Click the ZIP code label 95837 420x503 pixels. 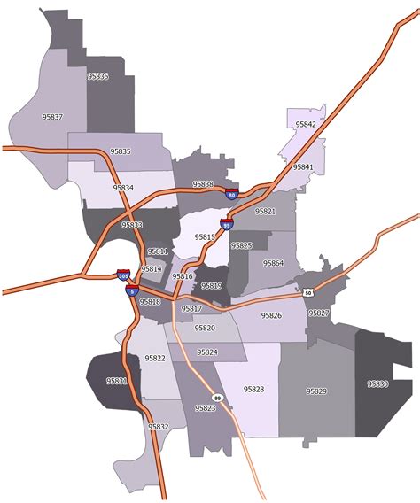tap(53, 116)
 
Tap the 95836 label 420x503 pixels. tap(98, 76)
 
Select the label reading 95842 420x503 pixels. tap(306, 125)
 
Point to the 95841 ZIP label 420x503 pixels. tap(303, 166)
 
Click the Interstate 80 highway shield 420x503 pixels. tap(231, 194)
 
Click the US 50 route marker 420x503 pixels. tap(307, 291)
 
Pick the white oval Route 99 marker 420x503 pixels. tap(218, 398)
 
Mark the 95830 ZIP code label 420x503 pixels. tap(378, 383)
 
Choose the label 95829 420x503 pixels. tap(316, 391)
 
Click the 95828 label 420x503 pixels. tap(254, 389)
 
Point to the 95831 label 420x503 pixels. tap(117, 381)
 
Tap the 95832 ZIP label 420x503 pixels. tap(159, 427)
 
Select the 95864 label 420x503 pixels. tap(273, 263)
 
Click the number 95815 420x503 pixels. tap(205, 237)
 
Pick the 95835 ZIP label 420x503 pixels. tap(121, 151)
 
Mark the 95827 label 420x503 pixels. tap(319, 313)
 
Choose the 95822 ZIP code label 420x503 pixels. tap(155, 358)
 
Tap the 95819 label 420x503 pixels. tap(212, 286)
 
